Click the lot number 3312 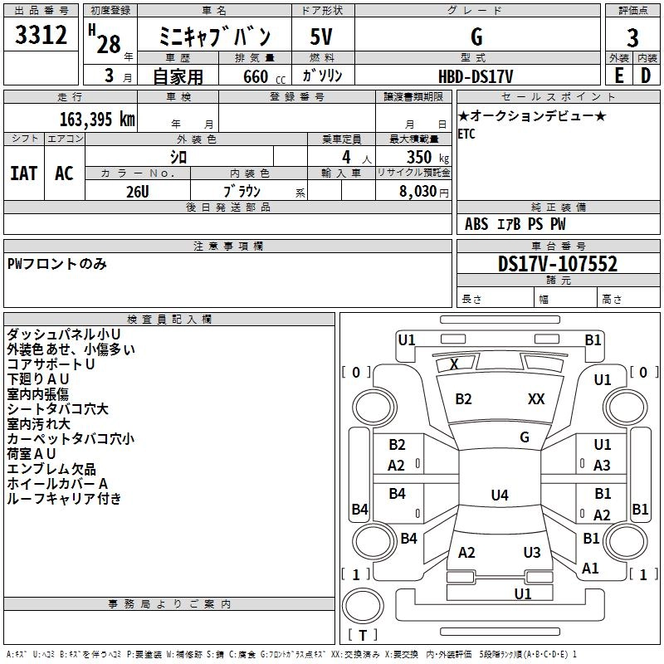41,35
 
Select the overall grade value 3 632,37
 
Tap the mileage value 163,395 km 97,120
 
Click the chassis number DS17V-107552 558,264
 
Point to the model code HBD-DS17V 476,76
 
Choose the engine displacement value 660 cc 264,76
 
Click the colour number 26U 138,192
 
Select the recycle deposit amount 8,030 418,192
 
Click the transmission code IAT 24,173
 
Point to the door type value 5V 321,37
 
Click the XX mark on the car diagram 536,398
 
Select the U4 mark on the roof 500,495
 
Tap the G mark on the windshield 525,437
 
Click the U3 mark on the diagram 532,552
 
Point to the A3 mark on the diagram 602,466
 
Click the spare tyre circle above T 363,606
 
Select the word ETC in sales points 466,134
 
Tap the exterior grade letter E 619,76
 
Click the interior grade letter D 646,76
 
